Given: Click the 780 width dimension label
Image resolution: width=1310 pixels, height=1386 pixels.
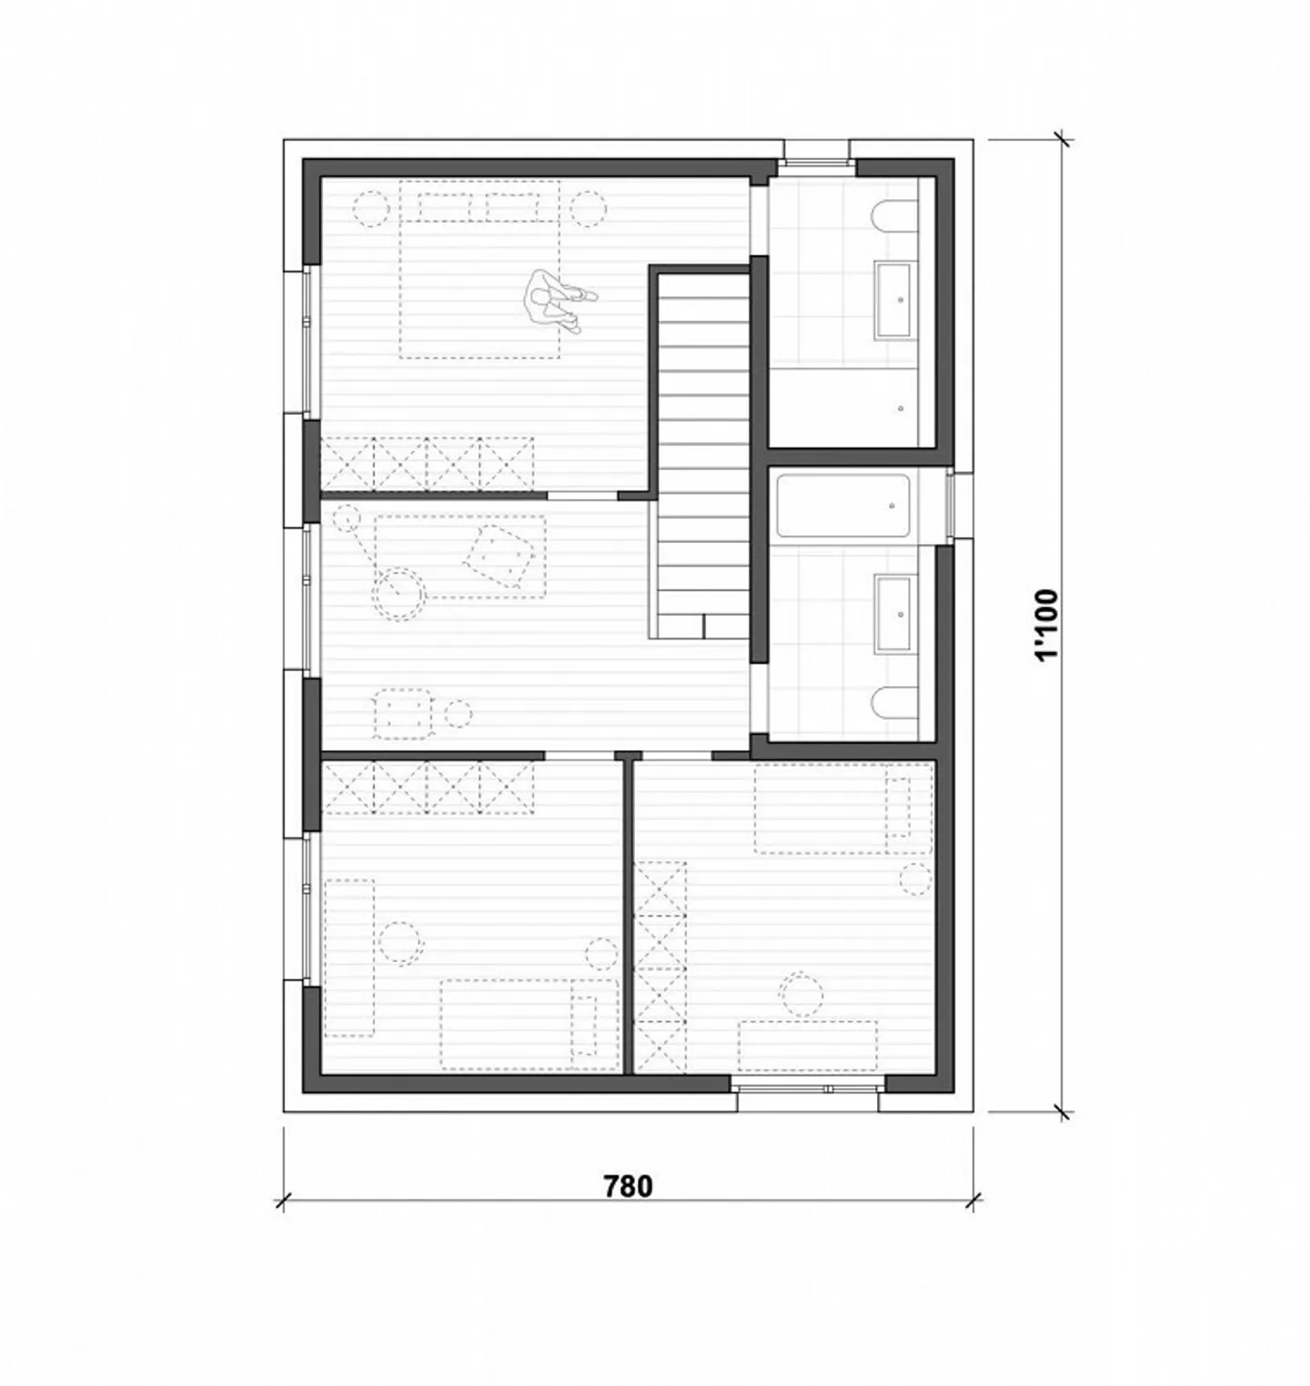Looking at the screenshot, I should coord(629,1186).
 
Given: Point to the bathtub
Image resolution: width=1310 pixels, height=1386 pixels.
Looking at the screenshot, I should coord(843,505).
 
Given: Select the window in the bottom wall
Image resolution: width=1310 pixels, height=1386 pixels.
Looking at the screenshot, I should coord(807,1087).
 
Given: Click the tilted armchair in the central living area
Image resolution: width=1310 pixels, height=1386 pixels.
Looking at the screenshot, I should coord(498,553).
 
